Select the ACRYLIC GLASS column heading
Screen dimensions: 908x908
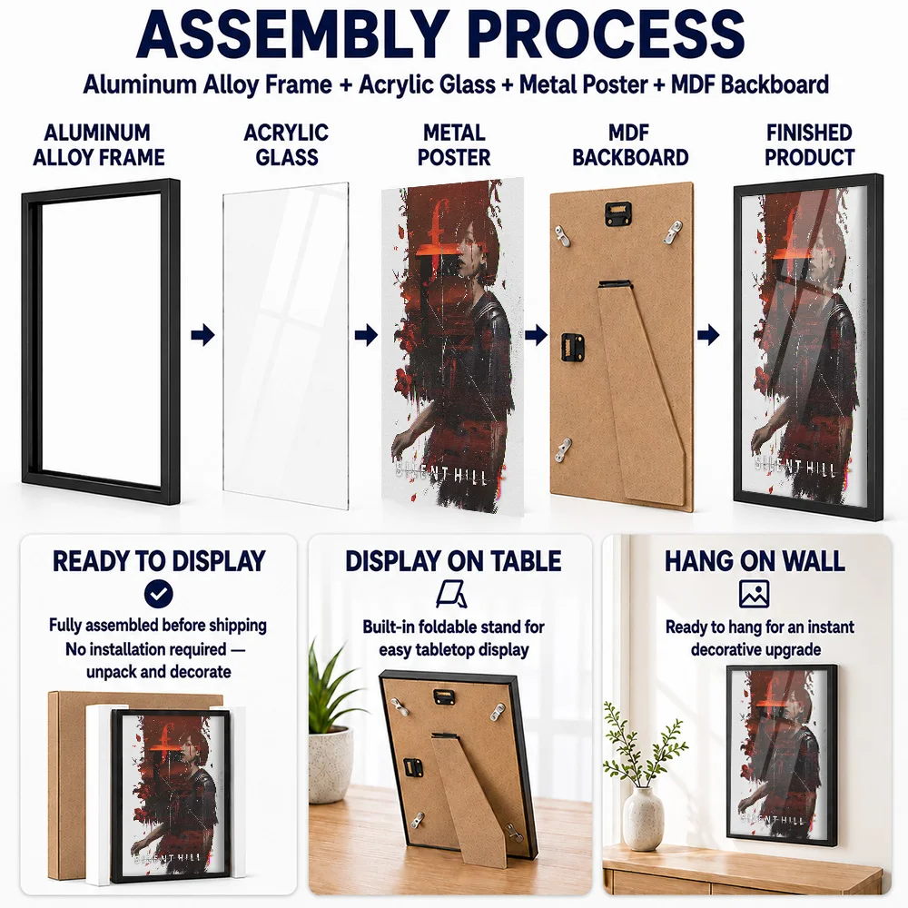(x=286, y=144)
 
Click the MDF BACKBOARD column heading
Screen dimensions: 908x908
(x=630, y=144)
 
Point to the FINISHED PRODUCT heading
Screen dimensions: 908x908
(x=809, y=144)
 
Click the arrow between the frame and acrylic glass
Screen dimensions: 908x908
(x=202, y=335)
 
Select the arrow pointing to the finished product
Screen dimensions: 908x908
(x=708, y=335)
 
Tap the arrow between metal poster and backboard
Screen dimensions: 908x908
(x=537, y=335)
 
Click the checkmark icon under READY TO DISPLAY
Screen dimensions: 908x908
(x=159, y=594)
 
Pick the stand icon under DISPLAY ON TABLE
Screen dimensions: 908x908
(x=451, y=595)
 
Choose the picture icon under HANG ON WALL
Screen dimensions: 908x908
(x=754, y=594)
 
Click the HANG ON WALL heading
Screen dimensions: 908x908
(x=755, y=561)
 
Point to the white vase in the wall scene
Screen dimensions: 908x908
(x=643, y=819)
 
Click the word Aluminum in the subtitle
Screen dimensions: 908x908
(x=140, y=84)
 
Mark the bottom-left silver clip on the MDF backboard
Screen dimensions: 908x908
(x=562, y=449)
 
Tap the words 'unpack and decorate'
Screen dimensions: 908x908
(x=159, y=672)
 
